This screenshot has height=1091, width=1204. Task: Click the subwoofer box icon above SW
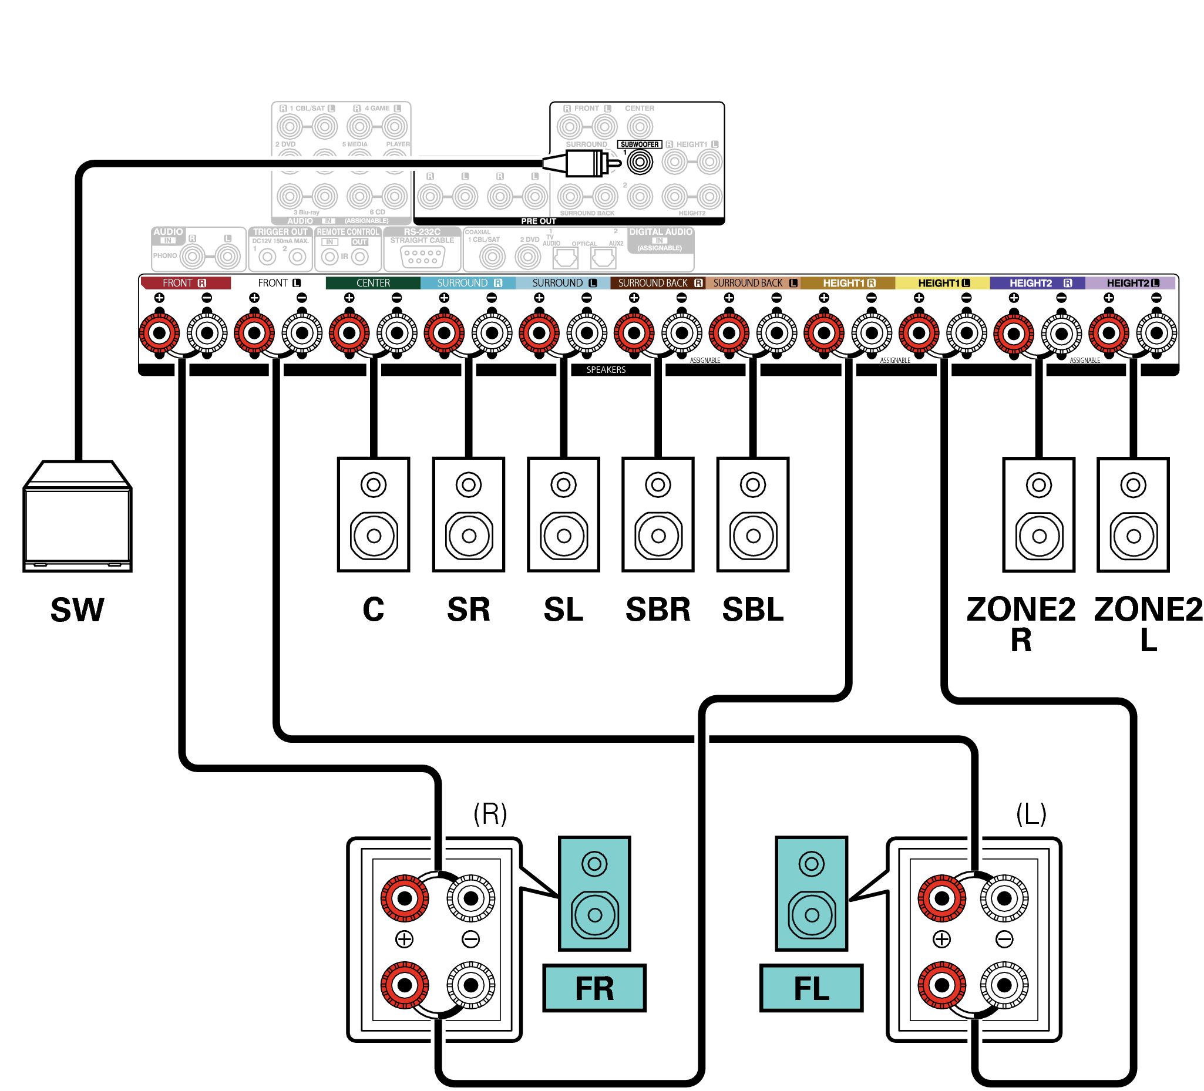77,517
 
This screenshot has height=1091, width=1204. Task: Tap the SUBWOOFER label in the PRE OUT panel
639,144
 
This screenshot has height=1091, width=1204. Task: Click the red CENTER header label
373,283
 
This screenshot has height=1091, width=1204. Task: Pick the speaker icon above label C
374,515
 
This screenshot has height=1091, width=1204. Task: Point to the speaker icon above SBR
658,515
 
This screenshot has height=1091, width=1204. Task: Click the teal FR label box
594,988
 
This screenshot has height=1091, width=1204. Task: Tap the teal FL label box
811,988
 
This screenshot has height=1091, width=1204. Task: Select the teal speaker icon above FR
594,893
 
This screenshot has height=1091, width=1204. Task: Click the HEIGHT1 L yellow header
943,283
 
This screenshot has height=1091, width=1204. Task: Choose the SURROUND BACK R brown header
658,283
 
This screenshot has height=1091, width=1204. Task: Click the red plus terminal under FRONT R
160,332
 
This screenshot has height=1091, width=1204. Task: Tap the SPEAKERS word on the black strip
606,371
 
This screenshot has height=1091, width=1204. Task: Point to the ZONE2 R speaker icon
1038,515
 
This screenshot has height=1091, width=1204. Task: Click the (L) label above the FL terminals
1031,813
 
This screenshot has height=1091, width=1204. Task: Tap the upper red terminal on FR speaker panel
404,898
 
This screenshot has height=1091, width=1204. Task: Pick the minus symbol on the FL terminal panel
1004,940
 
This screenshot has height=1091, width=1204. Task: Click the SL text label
563,610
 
